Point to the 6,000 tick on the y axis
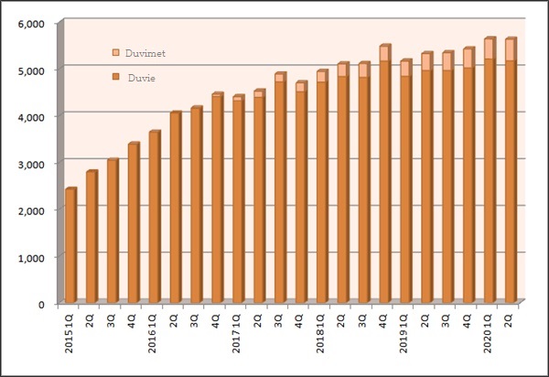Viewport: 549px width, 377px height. point(32,23)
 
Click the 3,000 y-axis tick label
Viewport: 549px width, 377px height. point(32,163)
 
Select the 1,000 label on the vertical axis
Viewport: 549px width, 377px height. point(32,257)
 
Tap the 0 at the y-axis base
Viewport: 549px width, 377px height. point(44,304)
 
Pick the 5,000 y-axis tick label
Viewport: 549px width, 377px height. point(32,70)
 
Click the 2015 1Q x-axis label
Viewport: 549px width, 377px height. point(70,332)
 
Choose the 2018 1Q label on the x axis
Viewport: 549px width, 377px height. point(321,332)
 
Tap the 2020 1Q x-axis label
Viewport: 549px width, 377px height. point(489,332)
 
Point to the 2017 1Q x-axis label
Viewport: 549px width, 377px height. point(238,332)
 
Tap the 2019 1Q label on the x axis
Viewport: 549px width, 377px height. point(404,332)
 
